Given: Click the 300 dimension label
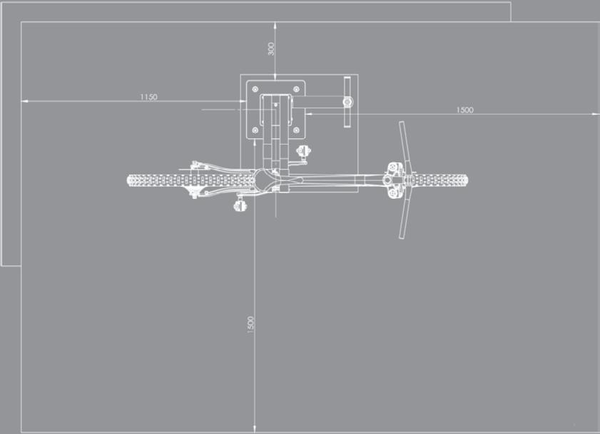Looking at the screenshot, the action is click(x=270, y=48).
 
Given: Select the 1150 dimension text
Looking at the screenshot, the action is click(x=148, y=96).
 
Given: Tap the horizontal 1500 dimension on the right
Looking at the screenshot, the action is click(x=464, y=110).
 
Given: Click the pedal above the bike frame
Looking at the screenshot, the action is click(x=305, y=152).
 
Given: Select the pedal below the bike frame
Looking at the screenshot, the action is click(x=240, y=206).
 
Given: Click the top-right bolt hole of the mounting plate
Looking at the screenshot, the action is click(x=296, y=89).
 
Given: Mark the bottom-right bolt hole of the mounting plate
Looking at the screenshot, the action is click(x=296, y=130).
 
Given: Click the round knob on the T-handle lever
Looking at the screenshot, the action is click(x=347, y=101).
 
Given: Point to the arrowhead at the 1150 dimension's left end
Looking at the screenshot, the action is click(x=24, y=101).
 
